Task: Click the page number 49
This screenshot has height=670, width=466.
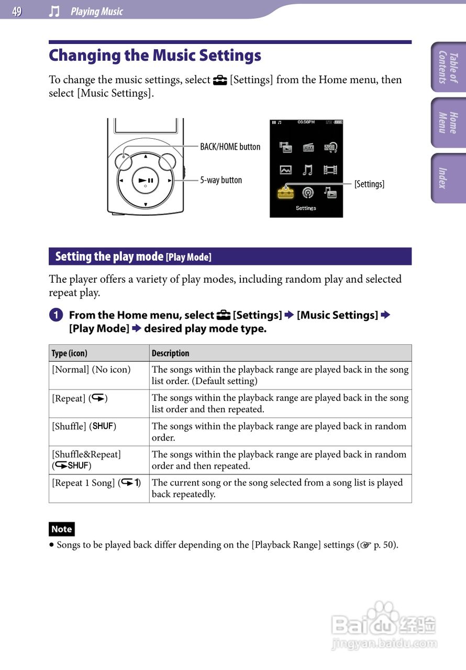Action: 17,12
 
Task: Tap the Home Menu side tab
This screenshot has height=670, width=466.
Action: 449,122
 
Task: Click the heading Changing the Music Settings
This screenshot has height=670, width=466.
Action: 155,55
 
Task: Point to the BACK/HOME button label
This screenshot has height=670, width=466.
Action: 230,147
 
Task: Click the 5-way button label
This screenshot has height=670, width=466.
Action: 221,180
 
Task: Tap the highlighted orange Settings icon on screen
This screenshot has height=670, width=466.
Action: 286,192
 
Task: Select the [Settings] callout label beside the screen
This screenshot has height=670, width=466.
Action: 369,184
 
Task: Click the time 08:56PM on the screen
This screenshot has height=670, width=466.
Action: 306,122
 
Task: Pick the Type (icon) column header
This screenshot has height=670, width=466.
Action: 70,353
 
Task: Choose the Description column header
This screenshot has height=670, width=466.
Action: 171,353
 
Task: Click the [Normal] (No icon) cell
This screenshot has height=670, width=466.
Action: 91,370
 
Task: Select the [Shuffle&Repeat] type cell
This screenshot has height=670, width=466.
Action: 86,459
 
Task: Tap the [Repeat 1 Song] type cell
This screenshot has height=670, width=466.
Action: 96,483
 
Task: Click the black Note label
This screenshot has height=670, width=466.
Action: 61,529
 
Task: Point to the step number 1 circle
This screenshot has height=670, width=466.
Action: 56,315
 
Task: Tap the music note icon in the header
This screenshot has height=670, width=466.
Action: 54,12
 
